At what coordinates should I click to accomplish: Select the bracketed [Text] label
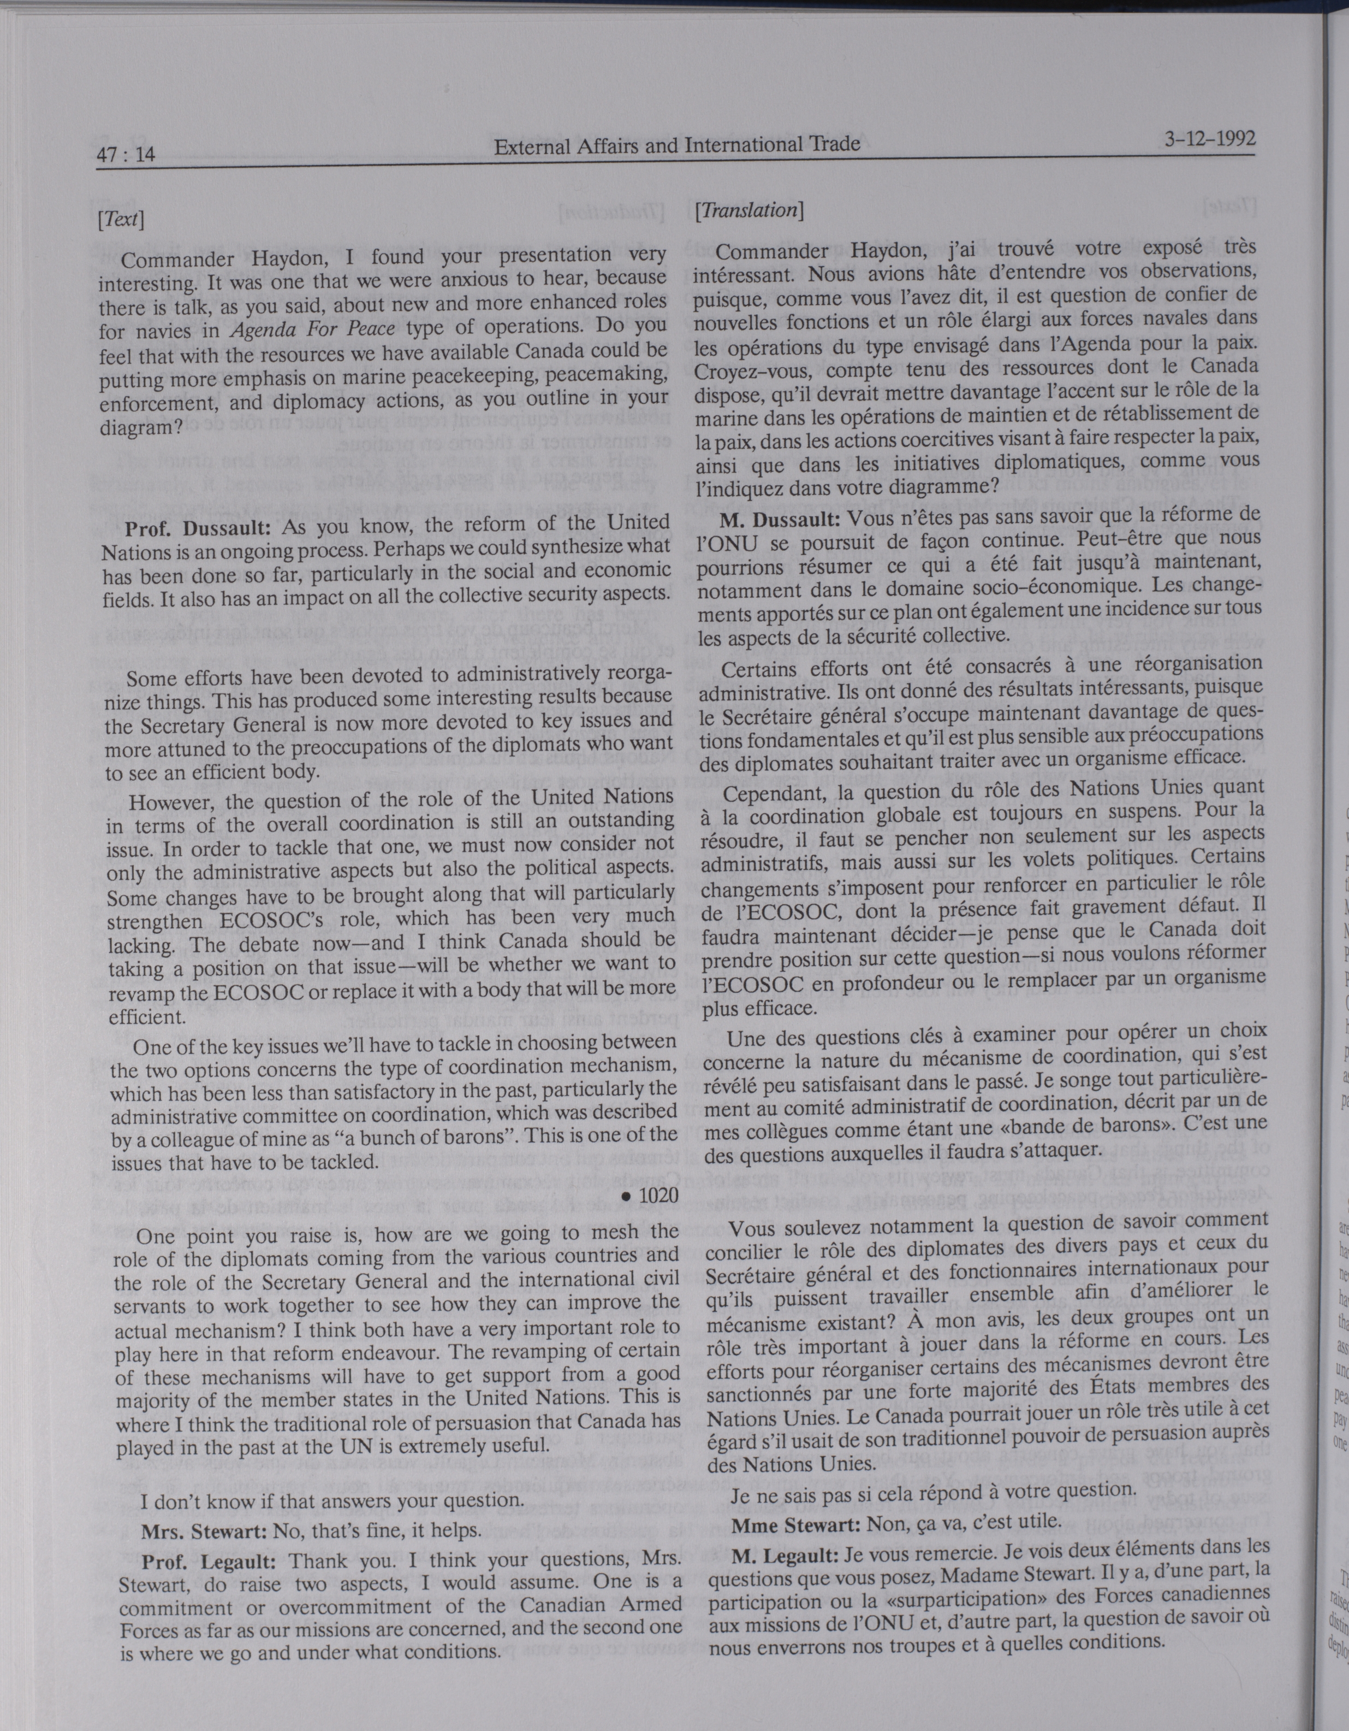(x=121, y=218)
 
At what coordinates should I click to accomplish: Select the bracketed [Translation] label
(x=748, y=210)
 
